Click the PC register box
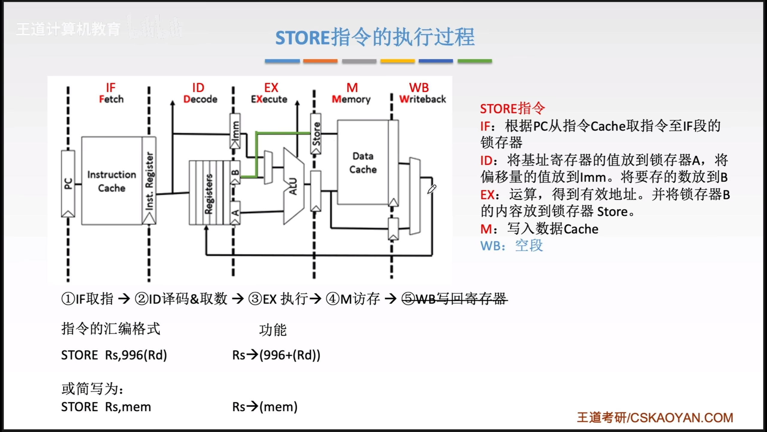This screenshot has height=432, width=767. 68,183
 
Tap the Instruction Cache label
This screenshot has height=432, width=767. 111,181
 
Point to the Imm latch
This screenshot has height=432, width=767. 235,131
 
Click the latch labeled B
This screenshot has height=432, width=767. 235,172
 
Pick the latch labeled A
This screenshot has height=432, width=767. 235,213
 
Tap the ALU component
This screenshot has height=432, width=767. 293,186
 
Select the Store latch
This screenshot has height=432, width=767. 316,134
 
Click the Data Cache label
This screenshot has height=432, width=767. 363,163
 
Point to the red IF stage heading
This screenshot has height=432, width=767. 111,88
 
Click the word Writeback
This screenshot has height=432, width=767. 422,99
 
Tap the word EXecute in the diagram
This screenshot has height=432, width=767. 269,99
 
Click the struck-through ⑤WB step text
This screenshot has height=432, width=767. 454,299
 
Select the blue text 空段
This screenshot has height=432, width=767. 529,246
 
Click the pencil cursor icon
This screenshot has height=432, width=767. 432,189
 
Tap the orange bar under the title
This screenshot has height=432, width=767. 320,61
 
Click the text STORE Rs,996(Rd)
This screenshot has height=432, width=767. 114,355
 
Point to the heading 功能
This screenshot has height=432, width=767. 273,330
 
